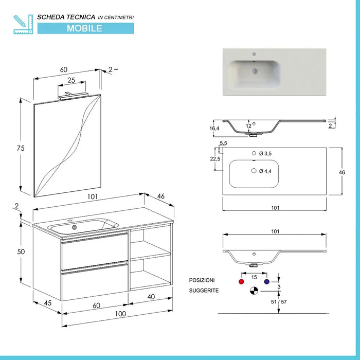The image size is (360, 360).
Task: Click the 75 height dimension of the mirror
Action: [21, 148]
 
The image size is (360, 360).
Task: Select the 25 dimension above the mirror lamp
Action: [71, 81]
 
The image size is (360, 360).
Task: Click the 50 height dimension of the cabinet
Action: [21, 251]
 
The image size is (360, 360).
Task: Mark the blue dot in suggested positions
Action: [266, 282]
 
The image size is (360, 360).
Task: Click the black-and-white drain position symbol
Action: [254, 291]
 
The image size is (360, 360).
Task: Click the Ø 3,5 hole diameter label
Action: [266, 154]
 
